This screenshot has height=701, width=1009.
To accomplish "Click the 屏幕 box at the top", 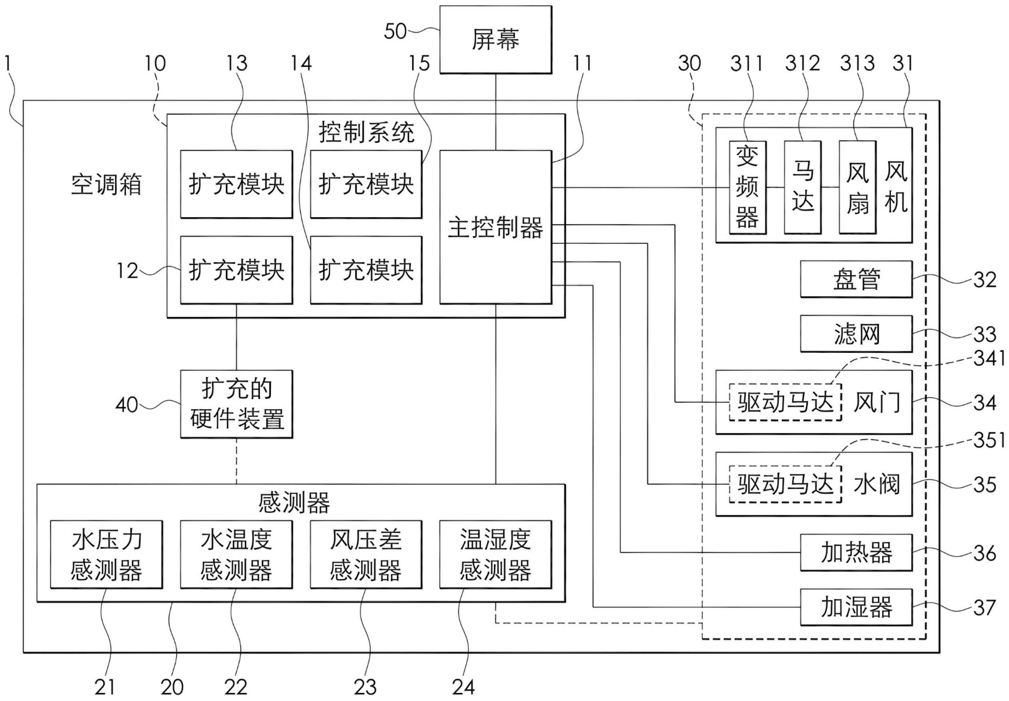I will (495, 39).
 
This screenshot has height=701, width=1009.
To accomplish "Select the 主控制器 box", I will (495, 227).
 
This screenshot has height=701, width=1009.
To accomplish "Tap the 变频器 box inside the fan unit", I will (747, 187).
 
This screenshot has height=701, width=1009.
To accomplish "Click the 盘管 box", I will (856, 280).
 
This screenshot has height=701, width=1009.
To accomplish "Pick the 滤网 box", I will (856, 334).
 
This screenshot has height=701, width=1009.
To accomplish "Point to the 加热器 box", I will (856, 553).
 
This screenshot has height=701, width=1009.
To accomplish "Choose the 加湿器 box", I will (856, 607).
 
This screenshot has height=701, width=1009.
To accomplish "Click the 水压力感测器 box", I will (106, 554).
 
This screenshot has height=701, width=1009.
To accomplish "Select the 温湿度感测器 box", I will (495, 554).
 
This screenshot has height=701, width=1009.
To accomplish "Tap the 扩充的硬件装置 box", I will (236, 404).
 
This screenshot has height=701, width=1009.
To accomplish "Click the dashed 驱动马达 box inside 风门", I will (785, 402).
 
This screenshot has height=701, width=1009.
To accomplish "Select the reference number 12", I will (127, 271).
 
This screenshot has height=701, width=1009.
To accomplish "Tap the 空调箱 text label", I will (106, 184).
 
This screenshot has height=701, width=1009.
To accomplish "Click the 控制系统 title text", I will (366, 132).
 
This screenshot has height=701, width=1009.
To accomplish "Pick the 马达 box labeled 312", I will (802, 187).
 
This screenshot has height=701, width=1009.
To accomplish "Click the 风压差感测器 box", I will (366, 554).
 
